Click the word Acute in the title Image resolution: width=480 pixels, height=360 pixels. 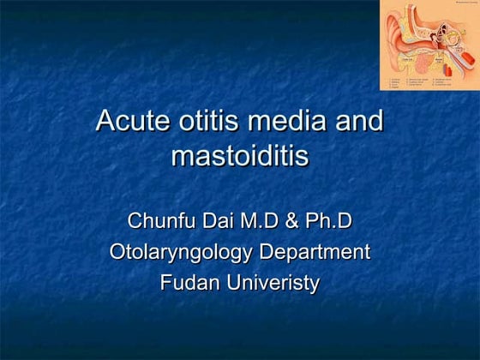click(x=131, y=121)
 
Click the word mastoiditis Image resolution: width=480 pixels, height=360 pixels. click(x=240, y=157)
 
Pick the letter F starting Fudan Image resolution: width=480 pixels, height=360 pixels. click(x=166, y=283)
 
